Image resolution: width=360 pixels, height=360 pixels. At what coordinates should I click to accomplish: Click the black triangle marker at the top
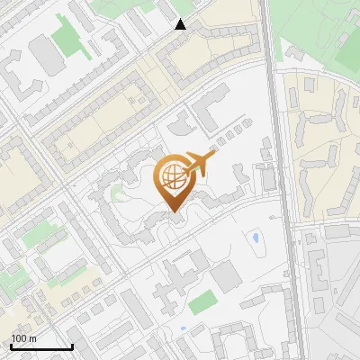click(x=181, y=24)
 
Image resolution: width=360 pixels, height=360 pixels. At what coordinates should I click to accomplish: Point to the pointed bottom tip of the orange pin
click(x=174, y=212)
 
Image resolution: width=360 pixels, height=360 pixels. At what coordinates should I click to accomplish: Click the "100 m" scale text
click(x=24, y=338)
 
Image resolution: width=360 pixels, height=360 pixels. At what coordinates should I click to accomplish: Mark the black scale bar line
click(x=41, y=346)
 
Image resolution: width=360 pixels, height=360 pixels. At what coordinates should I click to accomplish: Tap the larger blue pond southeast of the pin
click(x=256, y=239)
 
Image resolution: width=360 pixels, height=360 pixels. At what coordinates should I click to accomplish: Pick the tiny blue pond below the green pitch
click(x=184, y=328)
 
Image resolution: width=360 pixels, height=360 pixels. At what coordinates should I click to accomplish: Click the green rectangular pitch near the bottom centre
click(x=203, y=301)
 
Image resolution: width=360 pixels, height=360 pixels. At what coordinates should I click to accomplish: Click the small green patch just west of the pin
click(x=116, y=192)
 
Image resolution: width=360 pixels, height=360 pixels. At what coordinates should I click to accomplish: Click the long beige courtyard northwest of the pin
click(x=99, y=126)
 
